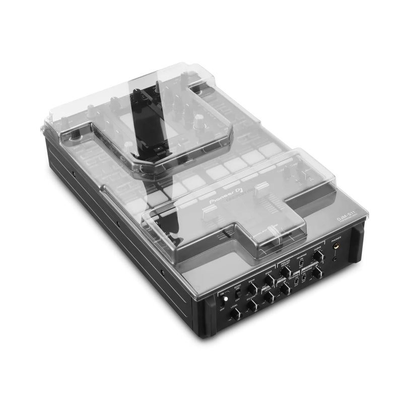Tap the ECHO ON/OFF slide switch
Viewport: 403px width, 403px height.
(238, 293)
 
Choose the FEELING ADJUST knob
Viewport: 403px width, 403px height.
(285, 272)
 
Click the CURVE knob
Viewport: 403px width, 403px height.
(318, 256)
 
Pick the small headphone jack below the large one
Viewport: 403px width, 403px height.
(335, 259)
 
